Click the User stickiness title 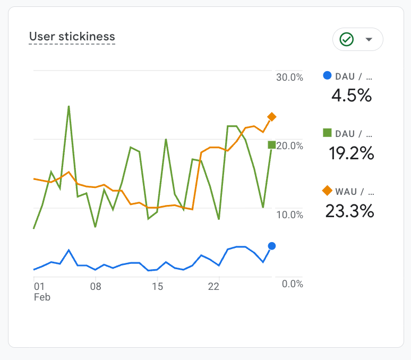pyautogui.click(x=72, y=37)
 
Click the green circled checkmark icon pyautogui.click(x=347, y=39)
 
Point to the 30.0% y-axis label pyautogui.click(x=289, y=77)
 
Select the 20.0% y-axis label pyautogui.click(x=289, y=145)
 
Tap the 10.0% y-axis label pyautogui.click(x=289, y=215)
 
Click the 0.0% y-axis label pyautogui.click(x=292, y=284)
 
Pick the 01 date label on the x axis pyautogui.click(x=39, y=287)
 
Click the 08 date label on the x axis pyautogui.click(x=96, y=287)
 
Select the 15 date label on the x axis pyautogui.click(x=157, y=287)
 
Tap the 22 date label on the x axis pyautogui.click(x=213, y=287)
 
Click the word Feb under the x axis pyautogui.click(x=42, y=297)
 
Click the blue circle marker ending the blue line pyautogui.click(x=272, y=246)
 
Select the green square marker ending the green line pyautogui.click(x=272, y=145)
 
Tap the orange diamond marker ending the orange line pyautogui.click(x=272, y=117)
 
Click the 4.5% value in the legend pyautogui.click(x=351, y=96)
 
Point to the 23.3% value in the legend pyautogui.click(x=349, y=211)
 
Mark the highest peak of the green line pyautogui.click(x=68, y=106)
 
